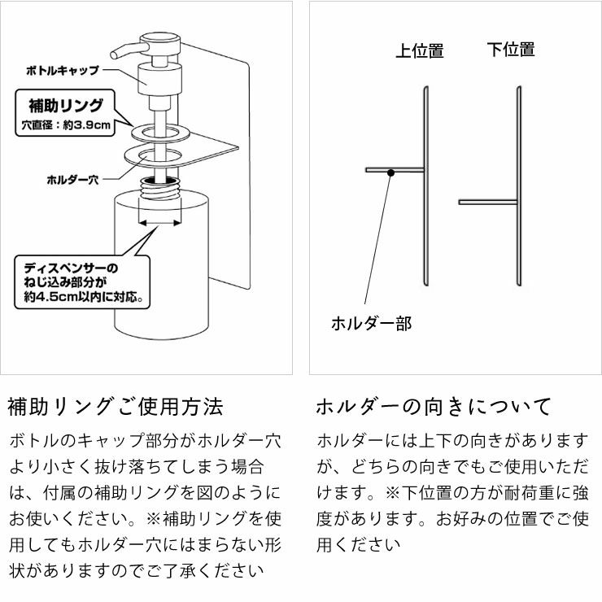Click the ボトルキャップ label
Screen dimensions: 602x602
63,72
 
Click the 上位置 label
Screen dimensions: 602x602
419,51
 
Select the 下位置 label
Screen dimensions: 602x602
511,50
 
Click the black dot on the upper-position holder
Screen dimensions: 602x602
391,172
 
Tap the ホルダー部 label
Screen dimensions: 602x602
371,324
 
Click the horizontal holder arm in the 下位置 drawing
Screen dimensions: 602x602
486,202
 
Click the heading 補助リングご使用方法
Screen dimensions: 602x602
114,406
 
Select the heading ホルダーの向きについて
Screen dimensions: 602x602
433,406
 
